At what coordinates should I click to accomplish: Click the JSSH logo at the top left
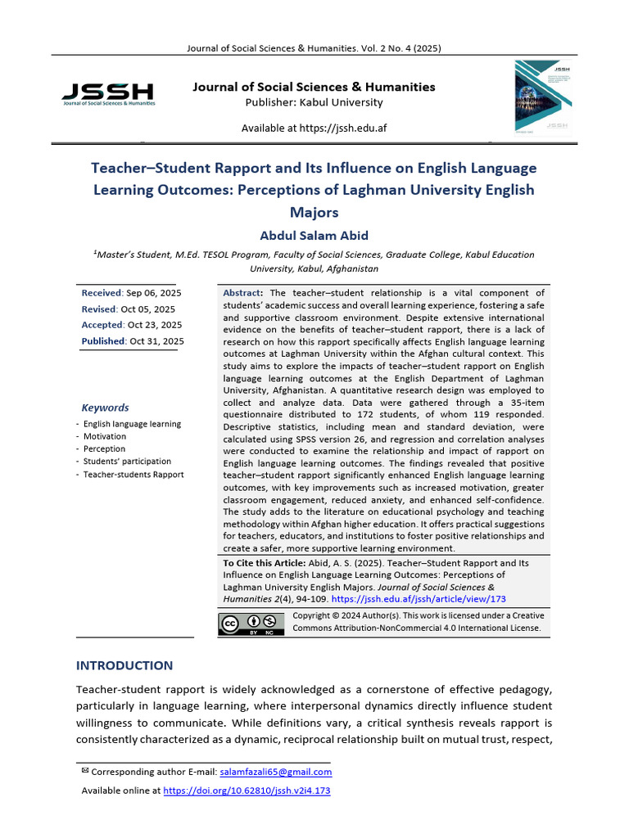[107, 93]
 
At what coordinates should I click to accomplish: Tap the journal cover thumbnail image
[541, 99]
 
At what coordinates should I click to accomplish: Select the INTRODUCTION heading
[124, 665]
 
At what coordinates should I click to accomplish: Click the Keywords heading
[105, 408]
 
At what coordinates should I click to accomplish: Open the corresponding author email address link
[276, 772]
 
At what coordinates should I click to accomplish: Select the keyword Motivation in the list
[105, 436]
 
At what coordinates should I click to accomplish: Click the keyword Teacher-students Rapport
[133, 475]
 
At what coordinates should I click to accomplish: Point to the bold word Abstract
[243, 293]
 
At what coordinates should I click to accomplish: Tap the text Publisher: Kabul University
[314, 102]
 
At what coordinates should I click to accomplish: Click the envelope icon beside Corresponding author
[85, 771]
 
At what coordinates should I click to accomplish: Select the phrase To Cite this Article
[264, 563]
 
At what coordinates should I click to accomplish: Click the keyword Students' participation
[127, 462]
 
